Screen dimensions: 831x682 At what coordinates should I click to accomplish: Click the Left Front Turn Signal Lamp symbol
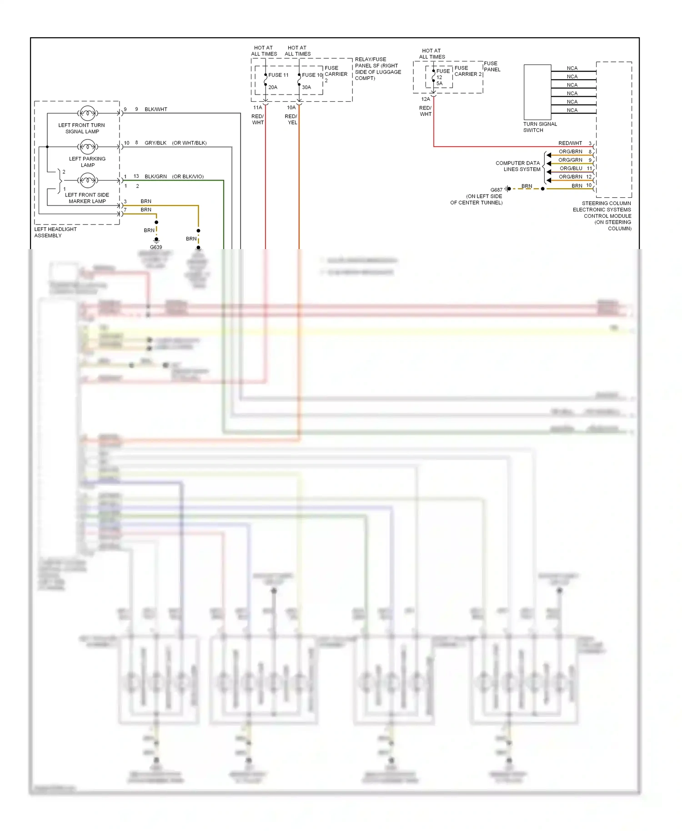(87, 113)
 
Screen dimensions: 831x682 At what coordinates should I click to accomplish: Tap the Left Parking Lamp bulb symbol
(87, 146)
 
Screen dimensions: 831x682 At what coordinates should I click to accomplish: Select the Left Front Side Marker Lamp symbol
(87, 180)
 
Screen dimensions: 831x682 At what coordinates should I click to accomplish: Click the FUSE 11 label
(278, 75)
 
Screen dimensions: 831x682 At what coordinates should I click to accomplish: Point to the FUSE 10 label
(312, 75)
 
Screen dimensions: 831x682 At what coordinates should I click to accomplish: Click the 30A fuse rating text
(306, 87)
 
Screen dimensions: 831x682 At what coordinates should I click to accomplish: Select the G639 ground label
(156, 247)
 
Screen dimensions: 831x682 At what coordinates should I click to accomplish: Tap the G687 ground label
(496, 190)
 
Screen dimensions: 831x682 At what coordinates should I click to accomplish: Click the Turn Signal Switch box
(537, 92)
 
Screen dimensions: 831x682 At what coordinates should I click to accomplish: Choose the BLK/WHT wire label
(156, 110)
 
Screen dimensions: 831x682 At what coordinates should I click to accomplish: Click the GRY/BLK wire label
(155, 143)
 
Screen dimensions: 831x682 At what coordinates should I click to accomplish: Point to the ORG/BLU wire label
(571, 168)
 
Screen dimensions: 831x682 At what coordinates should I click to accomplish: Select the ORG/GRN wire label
(570, 160)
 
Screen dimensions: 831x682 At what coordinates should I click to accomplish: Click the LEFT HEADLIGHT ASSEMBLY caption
(55, 232)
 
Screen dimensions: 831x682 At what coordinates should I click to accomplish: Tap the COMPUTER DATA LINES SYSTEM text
(518, 166)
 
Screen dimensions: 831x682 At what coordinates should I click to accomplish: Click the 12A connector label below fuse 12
(426, 99)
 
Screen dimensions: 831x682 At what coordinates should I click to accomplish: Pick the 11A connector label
(258, 108)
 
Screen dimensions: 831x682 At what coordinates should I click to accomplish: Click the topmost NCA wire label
(572, 68)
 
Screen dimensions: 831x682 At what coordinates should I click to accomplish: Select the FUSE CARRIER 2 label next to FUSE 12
(467, 71)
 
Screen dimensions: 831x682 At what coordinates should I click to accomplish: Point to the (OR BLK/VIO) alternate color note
(188, 177)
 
